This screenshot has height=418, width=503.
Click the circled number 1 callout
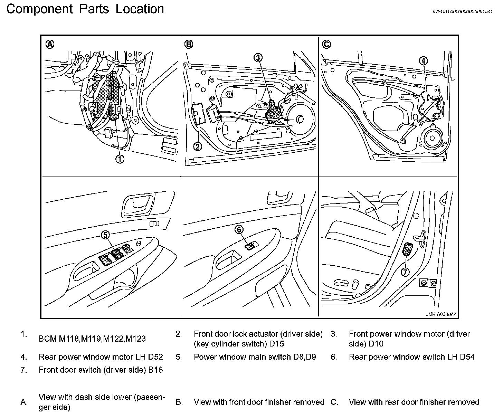click(x=120, y=159)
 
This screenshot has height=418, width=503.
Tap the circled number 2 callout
click(x=198, y=146)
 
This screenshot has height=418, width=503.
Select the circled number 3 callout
click(x=258, y=58)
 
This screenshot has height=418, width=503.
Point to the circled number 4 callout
click(x=423, y=61)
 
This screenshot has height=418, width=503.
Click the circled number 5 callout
click(x=105, y=235)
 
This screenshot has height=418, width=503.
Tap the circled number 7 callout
click(x=406, y=272)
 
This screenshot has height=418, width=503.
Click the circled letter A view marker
click(x=50, y=44)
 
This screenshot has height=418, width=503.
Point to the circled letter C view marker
click(x=326, y=44)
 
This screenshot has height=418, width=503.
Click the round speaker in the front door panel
click(x=299, y=120)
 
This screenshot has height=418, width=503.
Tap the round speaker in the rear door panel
click(x=431, y=138)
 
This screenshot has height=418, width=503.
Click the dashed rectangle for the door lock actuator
click(x=198, y=113)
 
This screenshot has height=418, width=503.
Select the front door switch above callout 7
click(x=408, y=249)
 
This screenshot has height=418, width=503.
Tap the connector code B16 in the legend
click(x=155, y=370)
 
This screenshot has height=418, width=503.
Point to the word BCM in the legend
click(x=48, y=339)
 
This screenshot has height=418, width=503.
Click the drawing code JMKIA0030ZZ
click(x=441, y=314)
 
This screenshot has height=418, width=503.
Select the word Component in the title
click(x=39, y=9)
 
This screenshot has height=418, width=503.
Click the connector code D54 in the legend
click(x=467, y=357)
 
